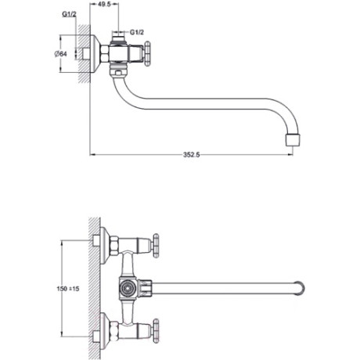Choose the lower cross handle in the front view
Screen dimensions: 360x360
(157, 330)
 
